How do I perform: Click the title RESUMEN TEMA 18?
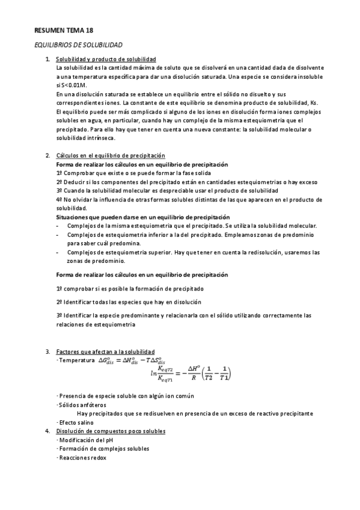63,29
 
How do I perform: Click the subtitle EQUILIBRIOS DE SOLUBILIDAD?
78,45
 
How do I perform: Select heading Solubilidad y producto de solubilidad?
106,59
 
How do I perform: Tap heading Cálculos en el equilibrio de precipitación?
110,156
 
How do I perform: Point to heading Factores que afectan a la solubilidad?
105,351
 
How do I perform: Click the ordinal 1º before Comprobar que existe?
59,173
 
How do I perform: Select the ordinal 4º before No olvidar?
59,199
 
